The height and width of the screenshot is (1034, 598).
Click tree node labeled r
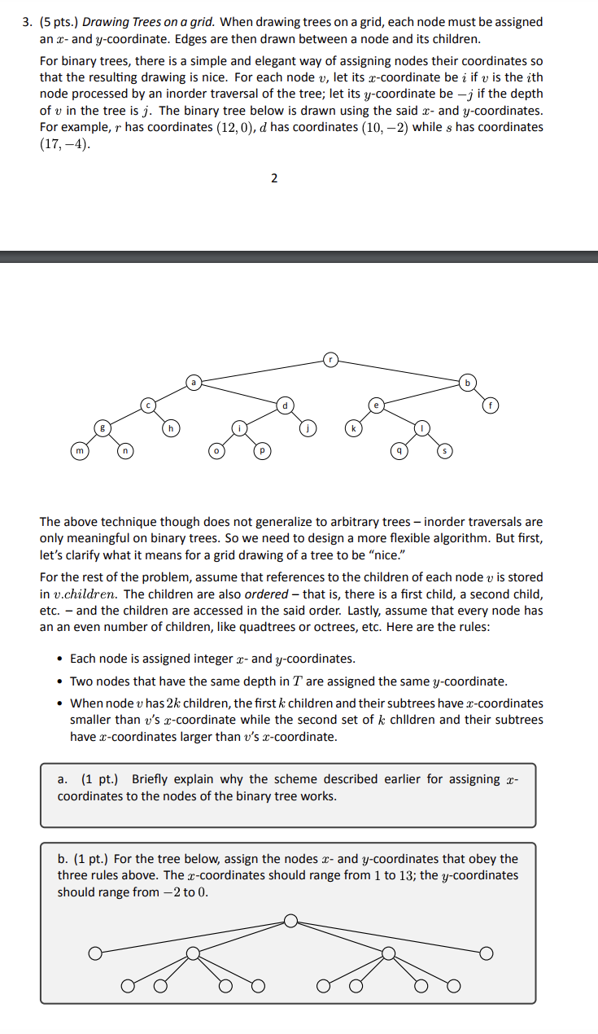[x=330, y=358]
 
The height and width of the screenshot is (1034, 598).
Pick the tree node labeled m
[x=79, y=449]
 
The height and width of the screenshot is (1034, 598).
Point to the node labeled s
[x=444, y=449]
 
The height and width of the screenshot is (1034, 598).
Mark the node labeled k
[x=353, y=427]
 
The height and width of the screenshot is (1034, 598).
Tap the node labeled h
[x=171, y=427]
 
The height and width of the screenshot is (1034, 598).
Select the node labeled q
[x=399, y=449]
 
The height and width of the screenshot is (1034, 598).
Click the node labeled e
[x=376, y=403]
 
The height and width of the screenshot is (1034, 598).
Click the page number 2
[x=273, y=178]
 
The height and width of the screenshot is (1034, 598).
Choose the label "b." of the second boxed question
[x=63, y=859]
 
